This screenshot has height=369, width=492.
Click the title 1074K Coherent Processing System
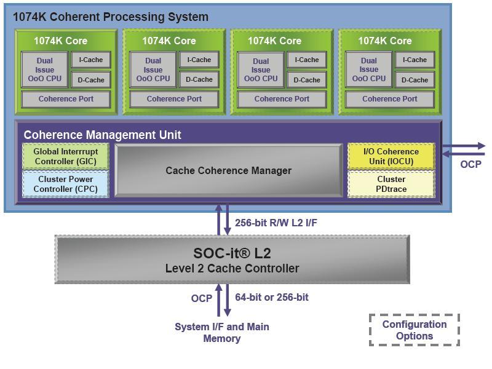(111, 17)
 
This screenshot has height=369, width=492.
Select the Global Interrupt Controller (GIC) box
(65, 157)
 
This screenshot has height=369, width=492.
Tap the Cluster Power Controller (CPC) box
(65, 184)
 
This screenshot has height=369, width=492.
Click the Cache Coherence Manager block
(228, 170)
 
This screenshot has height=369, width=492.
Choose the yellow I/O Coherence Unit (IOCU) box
(391, 157)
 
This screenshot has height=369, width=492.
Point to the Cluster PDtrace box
(391, 184)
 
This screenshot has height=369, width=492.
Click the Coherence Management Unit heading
(102, 135)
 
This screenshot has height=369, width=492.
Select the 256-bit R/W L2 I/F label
(276, 223)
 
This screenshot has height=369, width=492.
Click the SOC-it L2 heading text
(232, 253)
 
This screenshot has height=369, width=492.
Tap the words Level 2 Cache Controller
(232, 268)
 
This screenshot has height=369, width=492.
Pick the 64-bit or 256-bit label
(272, 298)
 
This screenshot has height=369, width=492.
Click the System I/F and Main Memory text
(222, 333)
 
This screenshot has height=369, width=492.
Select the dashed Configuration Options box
(414, 330)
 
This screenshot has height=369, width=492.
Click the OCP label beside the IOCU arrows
(471, 164)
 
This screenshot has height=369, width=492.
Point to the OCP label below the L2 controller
(202, 298)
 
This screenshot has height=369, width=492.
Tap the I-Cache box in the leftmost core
(91, 60)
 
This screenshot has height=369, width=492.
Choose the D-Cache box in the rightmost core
(415, 80)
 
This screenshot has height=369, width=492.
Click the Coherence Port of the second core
(174, 99)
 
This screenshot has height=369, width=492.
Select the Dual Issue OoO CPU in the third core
(261, 69)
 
